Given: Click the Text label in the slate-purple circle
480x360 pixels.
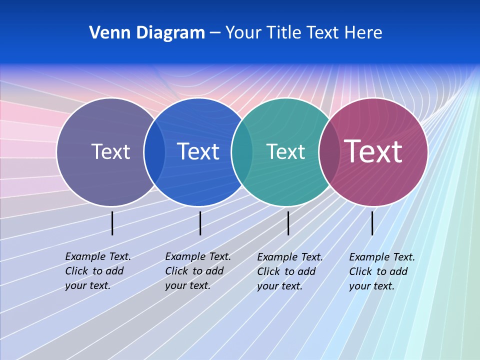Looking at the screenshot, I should point(110,151).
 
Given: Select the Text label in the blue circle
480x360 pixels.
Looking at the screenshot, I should point(198,151).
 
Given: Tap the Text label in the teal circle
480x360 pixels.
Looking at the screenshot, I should point(285,151).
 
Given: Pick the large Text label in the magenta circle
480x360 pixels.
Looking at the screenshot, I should point(373,151).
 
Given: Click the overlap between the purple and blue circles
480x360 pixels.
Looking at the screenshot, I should point(154,152).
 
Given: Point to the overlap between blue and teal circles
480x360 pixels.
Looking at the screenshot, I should point(241,152).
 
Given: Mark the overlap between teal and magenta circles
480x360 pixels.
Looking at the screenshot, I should point(328,152).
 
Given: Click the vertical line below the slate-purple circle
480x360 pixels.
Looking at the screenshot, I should point(112,223).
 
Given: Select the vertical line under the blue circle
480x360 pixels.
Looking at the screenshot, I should point(200,223).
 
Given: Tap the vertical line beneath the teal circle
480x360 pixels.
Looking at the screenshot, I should point(288,223).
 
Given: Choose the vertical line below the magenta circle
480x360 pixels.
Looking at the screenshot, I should point(372,223).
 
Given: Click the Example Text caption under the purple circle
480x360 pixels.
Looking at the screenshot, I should point(98,256).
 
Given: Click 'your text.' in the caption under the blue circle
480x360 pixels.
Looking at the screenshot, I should point(187,285).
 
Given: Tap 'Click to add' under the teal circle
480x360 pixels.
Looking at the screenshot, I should point(286,271).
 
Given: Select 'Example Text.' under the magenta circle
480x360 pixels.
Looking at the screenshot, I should point(382,257).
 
